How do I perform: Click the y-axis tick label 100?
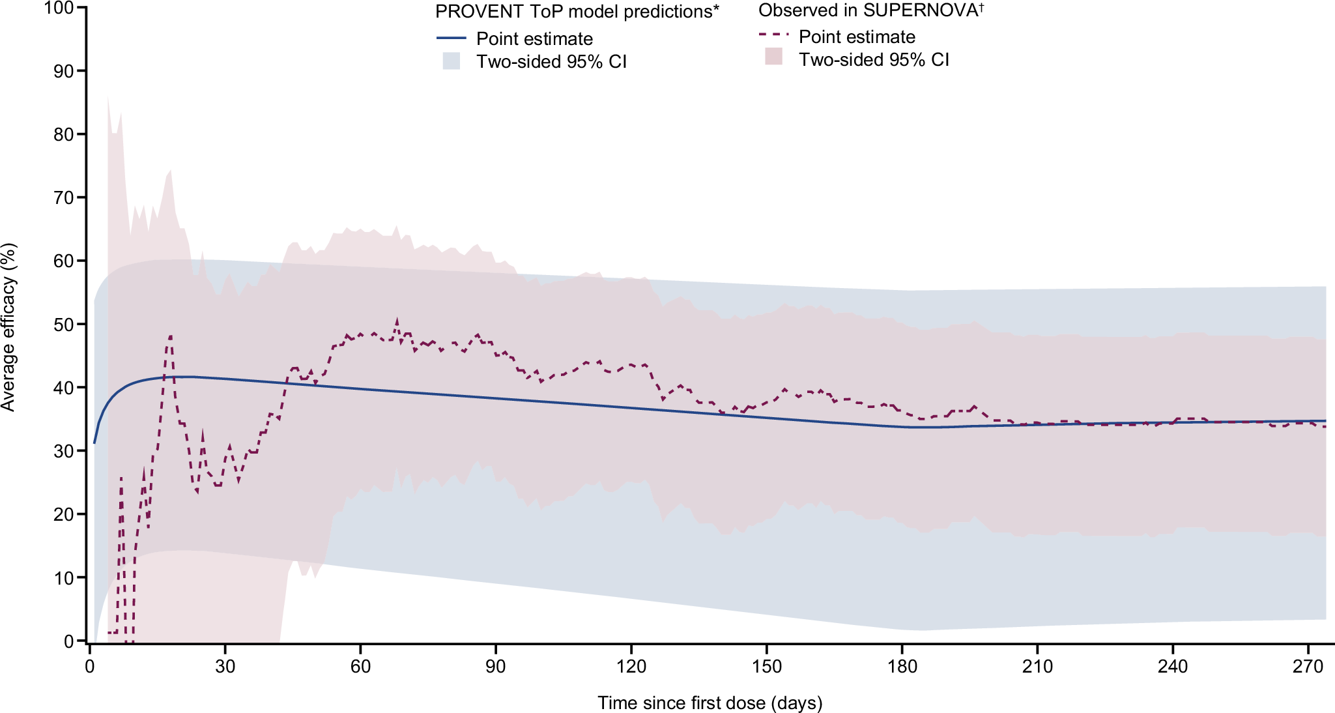pyautogui.click(x=57, y=8)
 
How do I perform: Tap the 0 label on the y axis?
pyautogui.click(x=68, y=641)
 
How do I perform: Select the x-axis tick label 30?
pyautogui.click(x=225, y=667)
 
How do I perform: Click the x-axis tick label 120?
pyautogui.click(x=631, y=667)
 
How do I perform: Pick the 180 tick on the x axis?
pyautogui.click(x=902, y=667)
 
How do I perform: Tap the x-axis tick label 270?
pyautogui.click(x=1308, y=667)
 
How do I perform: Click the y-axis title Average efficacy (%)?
pyautogui.click(x=8, y=327)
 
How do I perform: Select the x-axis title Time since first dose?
pyautogui.click(x=710, y=703)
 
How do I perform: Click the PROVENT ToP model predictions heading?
pyautogui.click(x=577, y=12)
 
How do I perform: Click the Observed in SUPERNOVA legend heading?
pyautogui.click(x=870, y=10)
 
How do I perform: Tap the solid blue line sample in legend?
pyautogui.click(x=451, y=38)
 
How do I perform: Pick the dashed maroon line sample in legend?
pyautogui.click(x=773, y=35)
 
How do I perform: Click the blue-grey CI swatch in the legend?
pyautogui.click(x=451, y=61)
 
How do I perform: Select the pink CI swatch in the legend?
pyautogui.click(x=773, y=57)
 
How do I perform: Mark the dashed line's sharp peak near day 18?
pyautogui.click(x=170, y=336)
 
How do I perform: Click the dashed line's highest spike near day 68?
pyautogui.click(x=397, y=319)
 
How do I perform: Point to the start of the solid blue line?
pyautogui.click(x=94, y=443)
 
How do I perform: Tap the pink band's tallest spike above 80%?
pyautogui.click(x=108, y=96)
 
